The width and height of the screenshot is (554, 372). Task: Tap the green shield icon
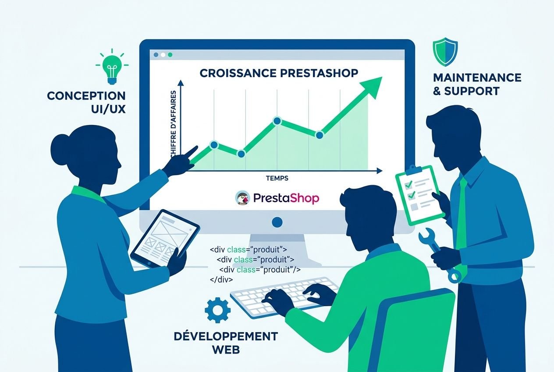tap(445, 51)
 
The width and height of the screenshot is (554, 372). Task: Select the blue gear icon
tap(217, 310)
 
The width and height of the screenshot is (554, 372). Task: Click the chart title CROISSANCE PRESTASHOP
tap(279, 73)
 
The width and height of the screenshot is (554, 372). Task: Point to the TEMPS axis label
tap(277, 178)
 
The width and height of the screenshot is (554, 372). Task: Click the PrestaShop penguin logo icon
tap(242, 198)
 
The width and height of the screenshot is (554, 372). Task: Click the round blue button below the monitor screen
tap(277, 222)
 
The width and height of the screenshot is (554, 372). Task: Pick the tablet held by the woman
tap(165, 237)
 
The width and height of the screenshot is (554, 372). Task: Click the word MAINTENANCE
tap(477, 78)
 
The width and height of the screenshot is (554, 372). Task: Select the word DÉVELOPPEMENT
tap(226, 336)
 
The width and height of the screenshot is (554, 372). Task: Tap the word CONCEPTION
tap(86, 96)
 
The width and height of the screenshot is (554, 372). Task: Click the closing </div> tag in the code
tap(221, 279)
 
